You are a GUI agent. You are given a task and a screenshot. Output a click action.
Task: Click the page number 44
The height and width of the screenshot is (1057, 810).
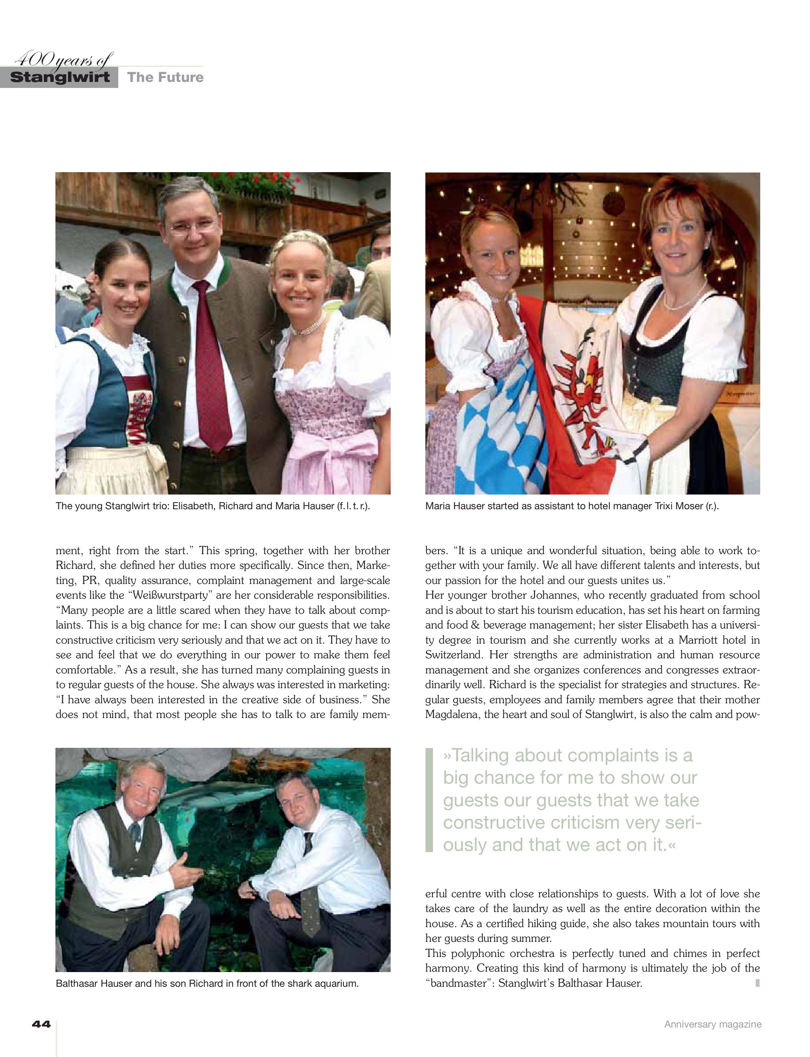41,1024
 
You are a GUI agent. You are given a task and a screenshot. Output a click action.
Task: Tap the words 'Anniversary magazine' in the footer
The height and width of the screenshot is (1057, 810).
713,1024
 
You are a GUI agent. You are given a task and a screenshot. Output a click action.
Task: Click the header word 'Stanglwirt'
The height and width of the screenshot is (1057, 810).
59,77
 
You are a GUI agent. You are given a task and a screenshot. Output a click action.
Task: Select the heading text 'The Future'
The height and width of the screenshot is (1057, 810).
166,77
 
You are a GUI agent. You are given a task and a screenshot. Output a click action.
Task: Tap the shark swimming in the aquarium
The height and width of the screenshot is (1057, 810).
219,794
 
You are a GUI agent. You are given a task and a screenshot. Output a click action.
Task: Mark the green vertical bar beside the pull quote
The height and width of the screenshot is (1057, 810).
429,800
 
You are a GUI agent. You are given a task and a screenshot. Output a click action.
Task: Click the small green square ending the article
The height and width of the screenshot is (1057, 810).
758,983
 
